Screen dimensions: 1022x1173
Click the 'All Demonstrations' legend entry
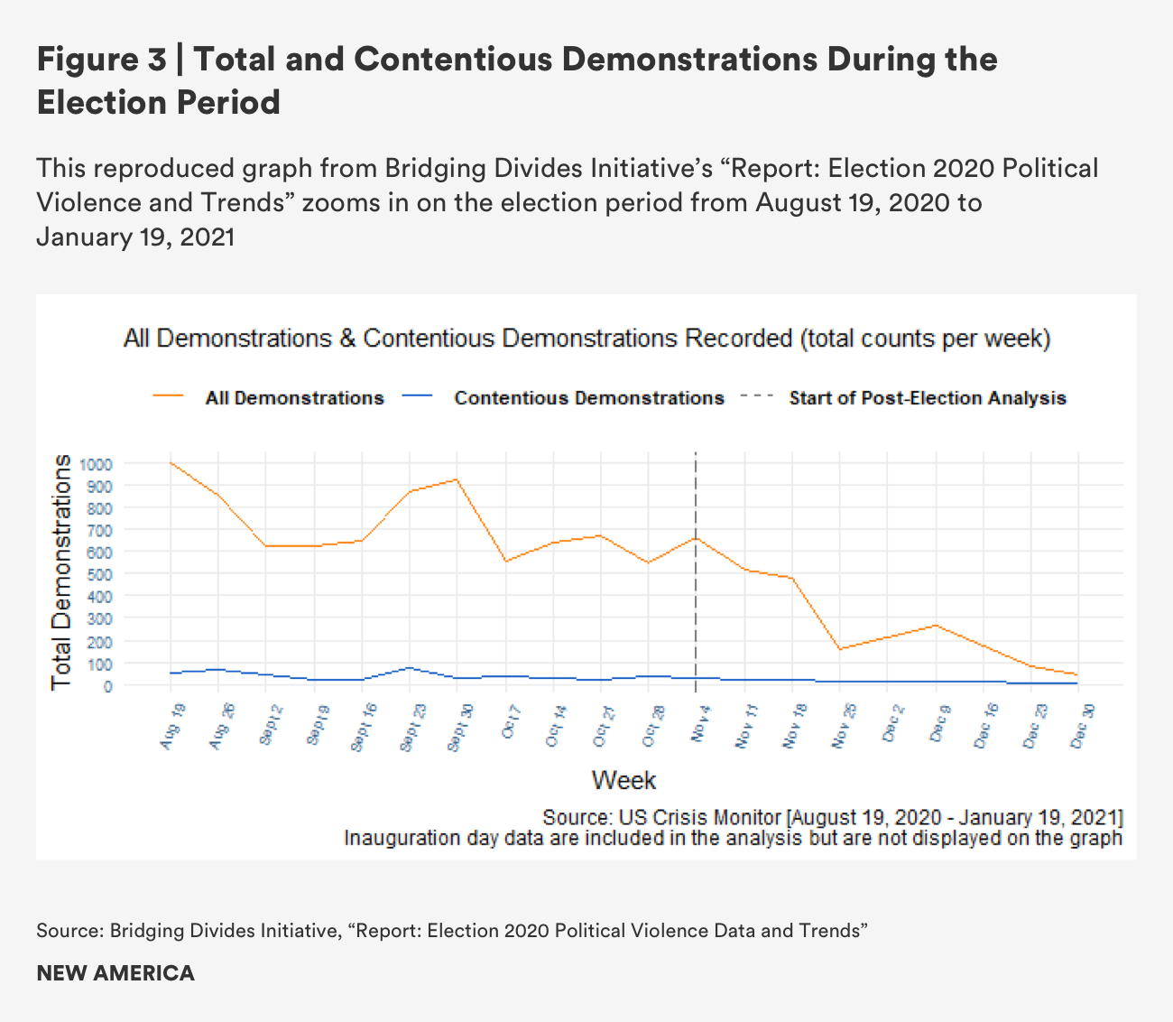coord(294,398)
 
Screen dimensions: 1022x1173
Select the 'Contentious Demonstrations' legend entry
coord(588,398)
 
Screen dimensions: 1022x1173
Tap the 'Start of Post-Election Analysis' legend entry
coord(928,398)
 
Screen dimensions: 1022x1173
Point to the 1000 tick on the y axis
coord(95,464)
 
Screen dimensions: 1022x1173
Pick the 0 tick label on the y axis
coord(108,686)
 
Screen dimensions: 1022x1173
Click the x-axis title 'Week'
coord(623,780)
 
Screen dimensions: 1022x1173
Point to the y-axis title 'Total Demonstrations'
coord(61,572)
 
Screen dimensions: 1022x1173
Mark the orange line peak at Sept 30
coord(457,479)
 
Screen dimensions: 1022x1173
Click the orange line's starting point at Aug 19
coord(171,463)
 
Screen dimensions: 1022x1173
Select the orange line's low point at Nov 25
coord(839,649)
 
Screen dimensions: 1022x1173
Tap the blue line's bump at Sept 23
coord(410,668)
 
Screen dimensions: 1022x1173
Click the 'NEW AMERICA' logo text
coord(115,973)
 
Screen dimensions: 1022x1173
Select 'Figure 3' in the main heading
coord(101,60)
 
